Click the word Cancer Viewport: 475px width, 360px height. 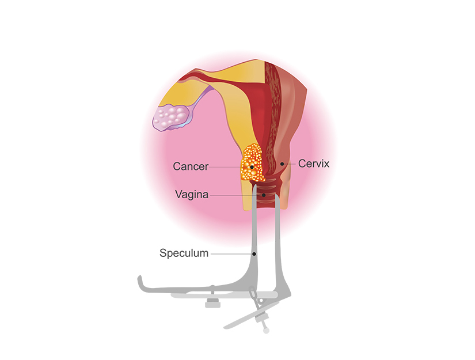[x=190, y=166]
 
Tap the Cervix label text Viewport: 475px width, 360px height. [x=313, y=164]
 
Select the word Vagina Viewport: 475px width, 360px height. [x=192, y=195]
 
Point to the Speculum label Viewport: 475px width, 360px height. [x=184, y=253]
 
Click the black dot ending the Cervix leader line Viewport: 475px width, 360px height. [x=282, y=164]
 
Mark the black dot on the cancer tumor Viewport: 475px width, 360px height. [x=252, y=166]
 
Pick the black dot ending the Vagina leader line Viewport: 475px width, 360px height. [x=264, y=195]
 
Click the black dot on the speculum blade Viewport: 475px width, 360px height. [x=254, y=253]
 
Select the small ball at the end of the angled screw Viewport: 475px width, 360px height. [x=266, y=330]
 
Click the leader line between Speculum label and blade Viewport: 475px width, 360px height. [x=230, y=253]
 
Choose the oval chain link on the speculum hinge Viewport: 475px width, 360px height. [x=253, y=295]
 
